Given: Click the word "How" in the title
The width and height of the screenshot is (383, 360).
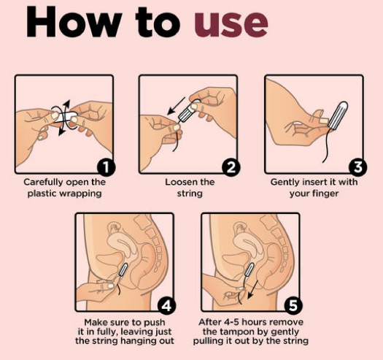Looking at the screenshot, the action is click(x=74, y=21).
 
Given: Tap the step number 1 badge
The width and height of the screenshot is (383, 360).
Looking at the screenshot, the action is click(x=107, y=168).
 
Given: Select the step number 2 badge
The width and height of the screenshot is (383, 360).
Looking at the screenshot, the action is click(x=231, y=168).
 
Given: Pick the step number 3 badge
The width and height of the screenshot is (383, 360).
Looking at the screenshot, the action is click(x=357, y=168).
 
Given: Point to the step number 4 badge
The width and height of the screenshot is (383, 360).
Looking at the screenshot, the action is click(x=166, y=305).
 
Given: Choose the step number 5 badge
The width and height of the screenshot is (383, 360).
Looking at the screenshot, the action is click(x=293, y=305).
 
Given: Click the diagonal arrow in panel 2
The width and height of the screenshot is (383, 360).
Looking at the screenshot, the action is click(x=176, y=106).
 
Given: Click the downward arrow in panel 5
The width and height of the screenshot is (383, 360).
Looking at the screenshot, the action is click(x=252, y=290).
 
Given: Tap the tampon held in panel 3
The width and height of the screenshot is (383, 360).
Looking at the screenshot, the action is click(x=338, y=115).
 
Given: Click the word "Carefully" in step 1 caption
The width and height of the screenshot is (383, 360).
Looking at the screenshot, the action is click(x=44, y=183).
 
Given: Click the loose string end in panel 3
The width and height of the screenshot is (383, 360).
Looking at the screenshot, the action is click(x=323, y=162).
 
